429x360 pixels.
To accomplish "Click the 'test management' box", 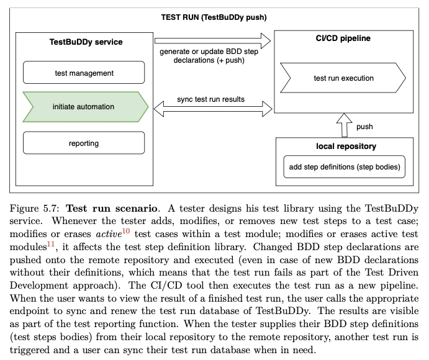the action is pyautogui.click(x=84, y=73).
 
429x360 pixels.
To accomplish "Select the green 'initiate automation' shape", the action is pyautogui.click(x=85, y=107).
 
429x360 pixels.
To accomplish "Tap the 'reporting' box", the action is pyautogui.click(x=84, y=143).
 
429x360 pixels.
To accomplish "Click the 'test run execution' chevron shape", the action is pyautogui.click(x=343, y=78).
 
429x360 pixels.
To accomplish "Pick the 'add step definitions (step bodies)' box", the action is pyautogui.click(x=344, y=167).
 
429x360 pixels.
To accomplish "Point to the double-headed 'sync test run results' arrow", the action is pyautogui.click(x=213, y=109).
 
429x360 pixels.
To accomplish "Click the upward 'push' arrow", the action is pyautogui.click(x=344, y=125).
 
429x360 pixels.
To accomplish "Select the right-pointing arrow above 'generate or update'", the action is pyautogui.click(x=212, y=41).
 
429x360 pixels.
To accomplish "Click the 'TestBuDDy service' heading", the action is pyautogui.click(x=86, y=42).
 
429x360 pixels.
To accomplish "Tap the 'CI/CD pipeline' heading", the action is pyautogui.click(x=343, y=38).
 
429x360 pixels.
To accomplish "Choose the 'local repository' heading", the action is pyautogui.click(x=346, y=146).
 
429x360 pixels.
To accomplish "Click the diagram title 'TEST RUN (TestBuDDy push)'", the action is pyautogui.click(x=214, y=17).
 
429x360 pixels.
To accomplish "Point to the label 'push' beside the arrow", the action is pyautogui.click(x=364, y=127).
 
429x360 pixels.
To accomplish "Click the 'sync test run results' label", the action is pyautogui.click(x=210, y=99).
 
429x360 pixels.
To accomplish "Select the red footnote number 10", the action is pyautogui.click(x=126, y=231).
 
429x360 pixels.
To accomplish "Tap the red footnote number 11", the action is pyautogui.click(x=51, y=244).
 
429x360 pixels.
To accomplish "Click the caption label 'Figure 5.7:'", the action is pyautogui.click(x=35, y=209).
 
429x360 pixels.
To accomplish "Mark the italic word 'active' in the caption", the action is pyautogui.click(x=109, y=234).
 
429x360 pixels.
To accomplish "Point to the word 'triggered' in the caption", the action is pyautogui.click(x=29, y=350).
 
